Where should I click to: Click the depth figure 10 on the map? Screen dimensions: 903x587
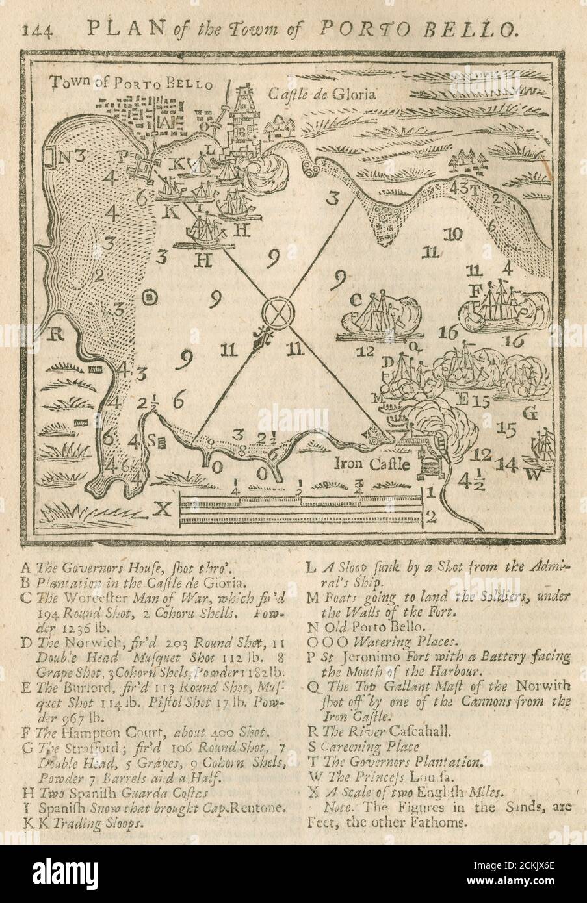(x=454, y=233)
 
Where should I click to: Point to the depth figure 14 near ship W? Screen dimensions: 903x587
(x=507, y=464)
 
